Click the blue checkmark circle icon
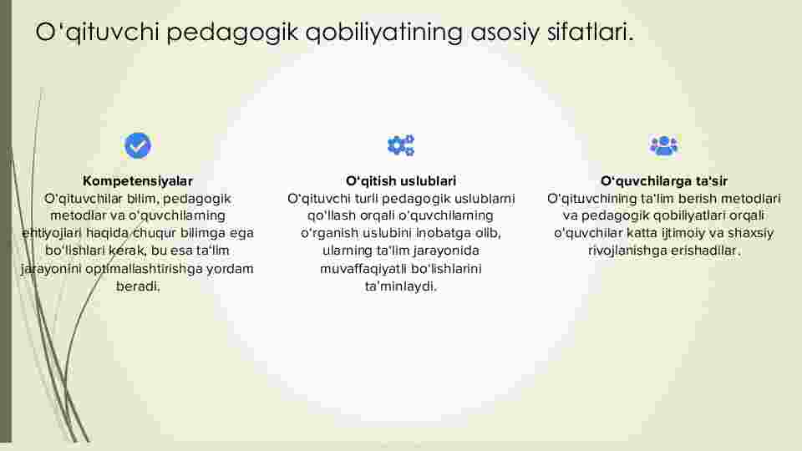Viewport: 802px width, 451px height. (x=138, y=145)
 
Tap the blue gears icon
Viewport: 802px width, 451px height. (x=401, y=145)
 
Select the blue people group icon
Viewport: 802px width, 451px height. (x=663, y=145)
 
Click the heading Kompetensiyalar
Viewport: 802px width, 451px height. (x=138, y=181)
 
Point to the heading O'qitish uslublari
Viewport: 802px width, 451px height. (x=401, y=181)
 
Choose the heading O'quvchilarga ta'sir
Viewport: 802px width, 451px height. (x=664, y=181)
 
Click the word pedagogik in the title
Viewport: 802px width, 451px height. (x=232, y=33)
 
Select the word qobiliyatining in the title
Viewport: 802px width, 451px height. (x=384, y=33)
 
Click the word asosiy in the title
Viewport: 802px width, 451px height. (x=505, y=33)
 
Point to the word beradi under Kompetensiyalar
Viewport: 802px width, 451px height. (x=138, y=286)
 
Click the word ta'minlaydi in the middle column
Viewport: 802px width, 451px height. (x=401, y=286)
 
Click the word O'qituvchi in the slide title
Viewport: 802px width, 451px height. (x=97, y=33)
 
